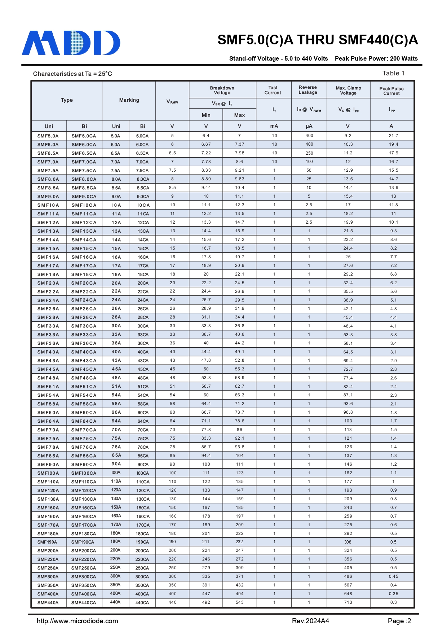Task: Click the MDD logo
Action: coord(71,43)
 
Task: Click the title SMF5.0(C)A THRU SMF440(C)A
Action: coord(318,40)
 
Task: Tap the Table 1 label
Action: coord(393,73)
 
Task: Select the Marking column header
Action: coord(129,100)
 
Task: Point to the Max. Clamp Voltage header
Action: coord(348,91)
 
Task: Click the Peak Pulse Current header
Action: coord(391,91)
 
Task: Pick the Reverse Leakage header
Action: coord(308,90)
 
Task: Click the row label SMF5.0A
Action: coord(48,136)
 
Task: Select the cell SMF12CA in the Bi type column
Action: coord(84,223)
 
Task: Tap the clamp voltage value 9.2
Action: coord(348,136)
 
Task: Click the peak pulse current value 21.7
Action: coord(393,136)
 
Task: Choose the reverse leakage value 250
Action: coord(309,153)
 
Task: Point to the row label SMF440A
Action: coord(48,603)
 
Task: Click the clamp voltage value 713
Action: coord(348,602)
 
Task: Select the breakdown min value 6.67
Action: coord(206,144)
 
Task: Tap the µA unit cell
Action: coord(309,126)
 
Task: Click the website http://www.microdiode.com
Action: coord(77,621)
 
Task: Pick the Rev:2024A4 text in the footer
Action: coord(310,621)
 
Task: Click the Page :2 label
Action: coord(399,621)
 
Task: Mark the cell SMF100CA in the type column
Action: coord(84,473)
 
